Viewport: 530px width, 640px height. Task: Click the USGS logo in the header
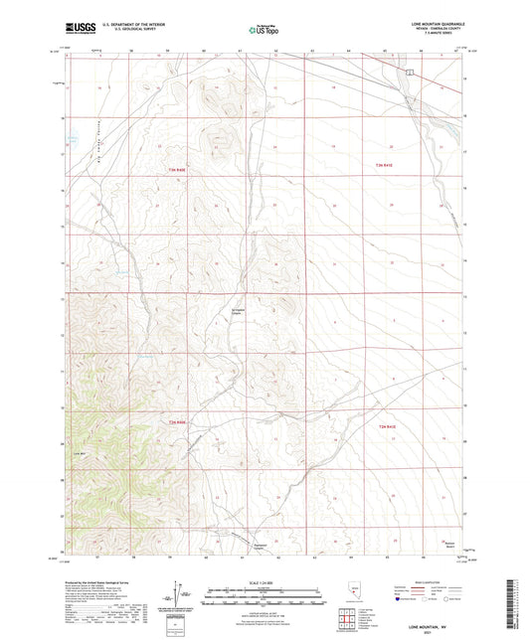point(82,30)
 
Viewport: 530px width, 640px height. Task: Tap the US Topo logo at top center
point(264,30)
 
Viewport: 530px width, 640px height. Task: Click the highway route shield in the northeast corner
point(408,71)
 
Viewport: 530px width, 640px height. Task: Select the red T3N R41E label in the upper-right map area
point(386,165)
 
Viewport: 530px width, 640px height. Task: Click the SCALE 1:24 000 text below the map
point(265,580)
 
